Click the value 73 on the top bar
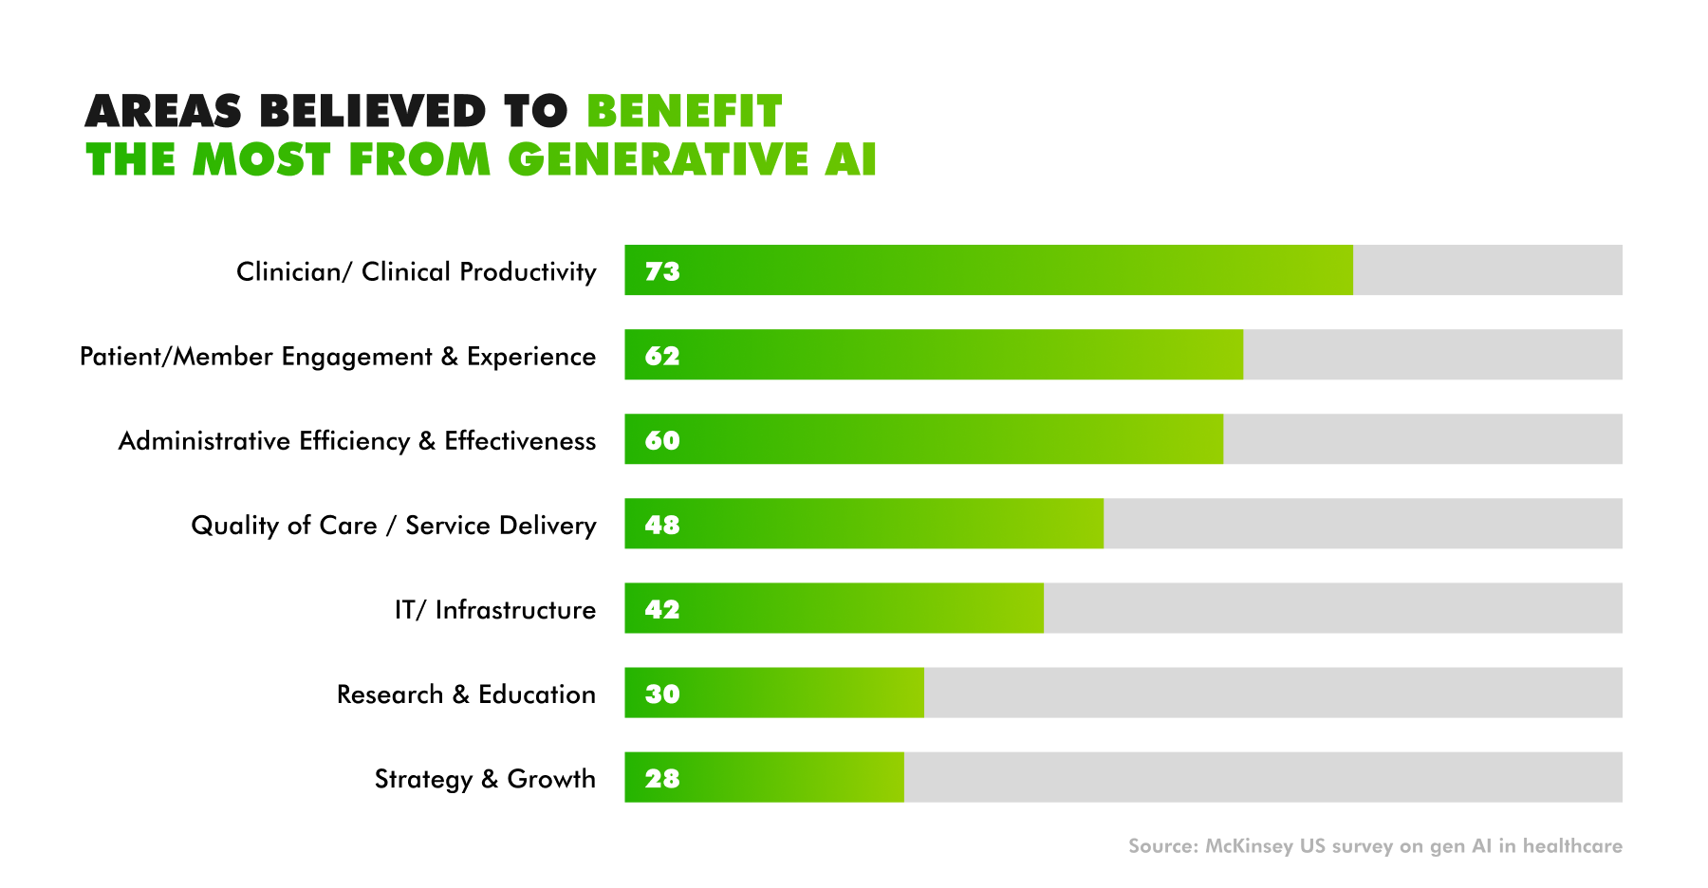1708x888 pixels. click(662, 271)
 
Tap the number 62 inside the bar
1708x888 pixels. click(662, 356)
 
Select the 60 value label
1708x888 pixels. click(662, 440)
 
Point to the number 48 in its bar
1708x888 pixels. click(662, 525)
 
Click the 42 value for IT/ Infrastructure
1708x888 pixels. click(662, 609)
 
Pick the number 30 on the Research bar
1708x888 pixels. click(662, 694)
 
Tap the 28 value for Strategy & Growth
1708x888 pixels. click(662, 778)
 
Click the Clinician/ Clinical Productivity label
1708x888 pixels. click(416, 272)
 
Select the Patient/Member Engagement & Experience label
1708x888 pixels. click(338, 357)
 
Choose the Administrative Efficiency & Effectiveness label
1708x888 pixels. click(357, 441)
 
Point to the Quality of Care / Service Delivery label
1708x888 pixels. click(394, 526)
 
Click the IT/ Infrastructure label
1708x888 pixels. click(495, 610)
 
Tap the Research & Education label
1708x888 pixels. click(466, 694)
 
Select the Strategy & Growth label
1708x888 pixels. click(485, 779)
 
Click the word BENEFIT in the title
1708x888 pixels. click(684, 112)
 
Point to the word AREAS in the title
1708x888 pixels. click(163, 112)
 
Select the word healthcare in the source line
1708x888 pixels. click(1572, 846)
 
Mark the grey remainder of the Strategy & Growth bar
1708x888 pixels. click(1262, 778)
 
